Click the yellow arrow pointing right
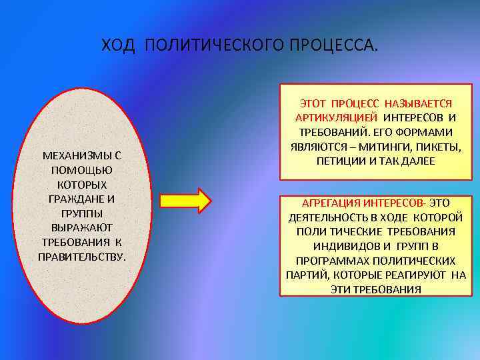tap(186, 199)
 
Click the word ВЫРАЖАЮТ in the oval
tap(83, 228)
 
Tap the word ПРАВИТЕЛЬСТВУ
tap(83, 257)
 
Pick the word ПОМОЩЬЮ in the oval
tap(83, 170)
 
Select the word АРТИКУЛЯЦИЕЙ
tap(331, 118)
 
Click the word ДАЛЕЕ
tap(416, 161)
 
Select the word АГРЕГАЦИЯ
tap(331, 203)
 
